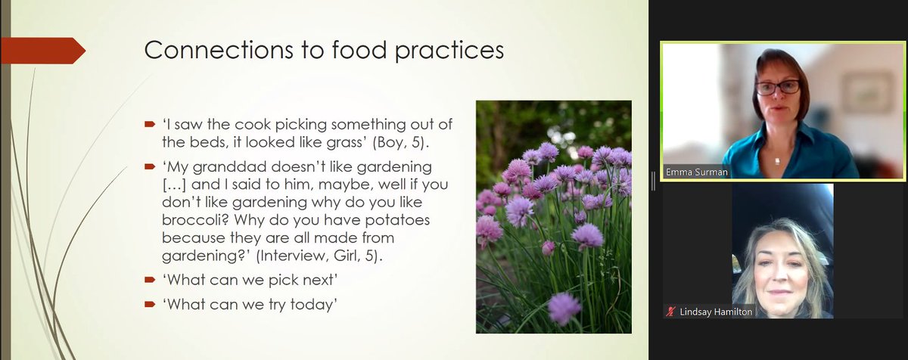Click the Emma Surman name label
[x=695, y=172]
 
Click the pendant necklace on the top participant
[x=777, y=160]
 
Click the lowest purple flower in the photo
[x=564, y=307]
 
